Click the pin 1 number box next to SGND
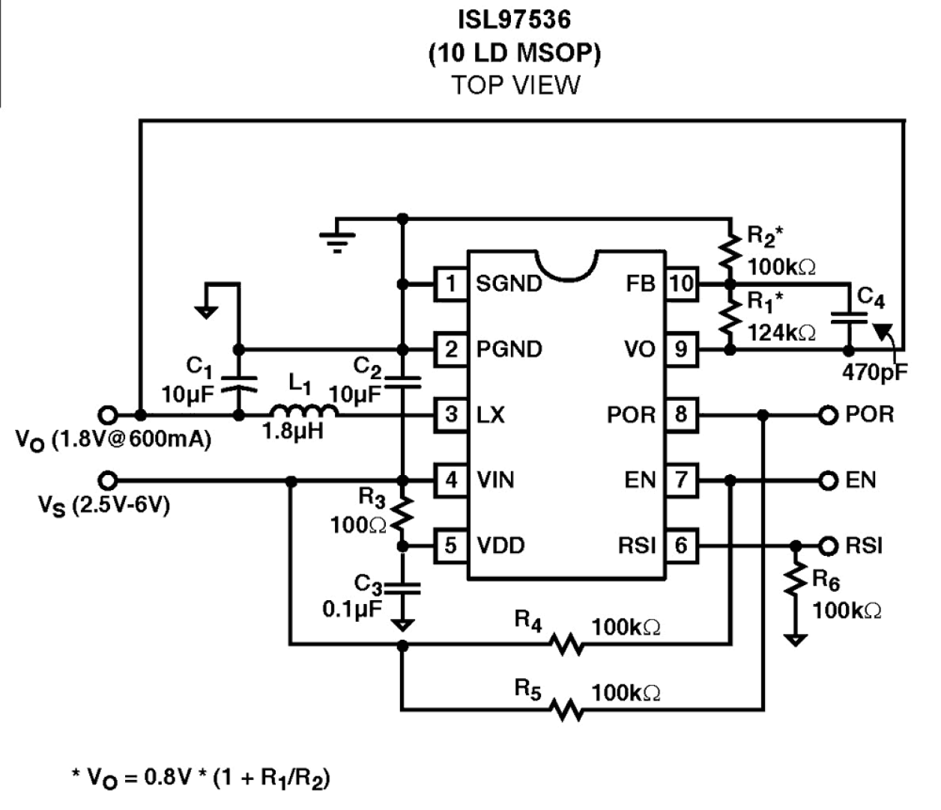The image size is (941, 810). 451,284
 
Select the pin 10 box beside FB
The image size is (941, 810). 681,284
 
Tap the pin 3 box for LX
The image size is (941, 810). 451,414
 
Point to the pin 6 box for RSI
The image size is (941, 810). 681,545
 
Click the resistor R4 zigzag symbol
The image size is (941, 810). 566,644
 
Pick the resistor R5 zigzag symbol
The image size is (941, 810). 566,709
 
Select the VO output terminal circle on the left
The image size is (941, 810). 108,414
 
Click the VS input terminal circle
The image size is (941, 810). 108,480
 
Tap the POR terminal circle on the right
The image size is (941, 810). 827,414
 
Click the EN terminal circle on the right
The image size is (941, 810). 827,480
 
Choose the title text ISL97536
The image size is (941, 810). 514,19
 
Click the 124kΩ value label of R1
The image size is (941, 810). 781,333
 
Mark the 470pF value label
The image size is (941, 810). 874,372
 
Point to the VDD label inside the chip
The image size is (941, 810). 500,545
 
